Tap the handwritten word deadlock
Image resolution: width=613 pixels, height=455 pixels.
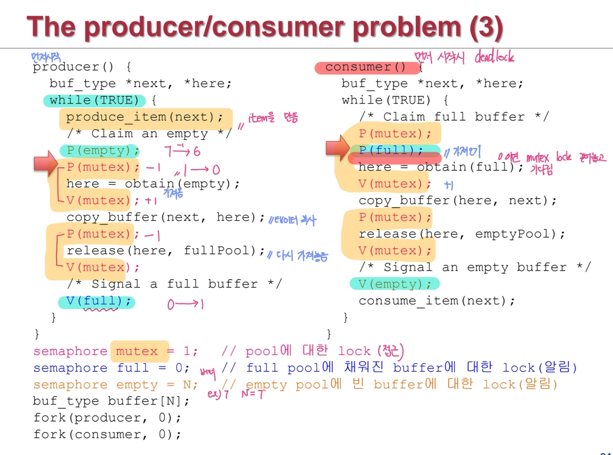pyautogui.click(x=494, y=56)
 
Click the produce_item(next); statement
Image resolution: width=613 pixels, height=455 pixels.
pyautogui.click(x=145, y=117)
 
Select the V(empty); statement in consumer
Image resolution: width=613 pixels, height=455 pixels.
pyautogui.click(x=394, y=284)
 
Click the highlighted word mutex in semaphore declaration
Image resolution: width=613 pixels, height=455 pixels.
pyautogui.click(x=137, y=351)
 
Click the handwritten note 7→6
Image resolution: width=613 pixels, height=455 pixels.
pyautogui.click(x=183, y=150)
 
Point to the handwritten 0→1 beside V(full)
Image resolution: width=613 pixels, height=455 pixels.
pyautogui.click(x=186, y=304)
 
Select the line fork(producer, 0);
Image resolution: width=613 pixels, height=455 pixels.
pyautogui.click(x=107, y=418)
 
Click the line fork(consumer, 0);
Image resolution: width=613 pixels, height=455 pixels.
pyautogui.click(x=107, y=435)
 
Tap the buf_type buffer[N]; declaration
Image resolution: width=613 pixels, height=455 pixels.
pyautogui.click(x=111, y=401)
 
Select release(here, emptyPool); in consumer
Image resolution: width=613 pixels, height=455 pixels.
pyautogui.click(x=461, y=234)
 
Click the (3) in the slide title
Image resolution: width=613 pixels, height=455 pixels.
pyautogui.click(x=486, y=27)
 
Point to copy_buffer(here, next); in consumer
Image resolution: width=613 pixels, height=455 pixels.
pyautogui.click(x=457, y=201)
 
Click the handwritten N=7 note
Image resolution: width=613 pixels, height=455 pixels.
pyautogui.click(x=253, y=394)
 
